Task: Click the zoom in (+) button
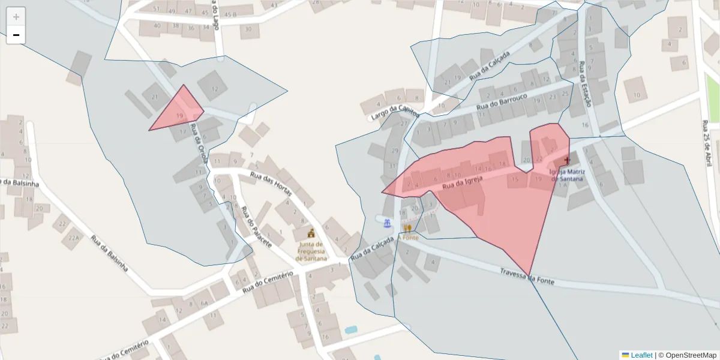16,17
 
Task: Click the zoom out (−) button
16,35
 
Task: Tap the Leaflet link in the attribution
641,355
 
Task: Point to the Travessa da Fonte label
527,276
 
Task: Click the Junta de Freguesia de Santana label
311,251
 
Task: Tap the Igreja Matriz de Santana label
566,175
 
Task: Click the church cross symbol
567,161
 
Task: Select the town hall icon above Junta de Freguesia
311,233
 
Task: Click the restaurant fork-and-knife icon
408,227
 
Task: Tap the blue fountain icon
388,224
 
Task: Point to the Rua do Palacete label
257,228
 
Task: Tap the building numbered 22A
74,238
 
